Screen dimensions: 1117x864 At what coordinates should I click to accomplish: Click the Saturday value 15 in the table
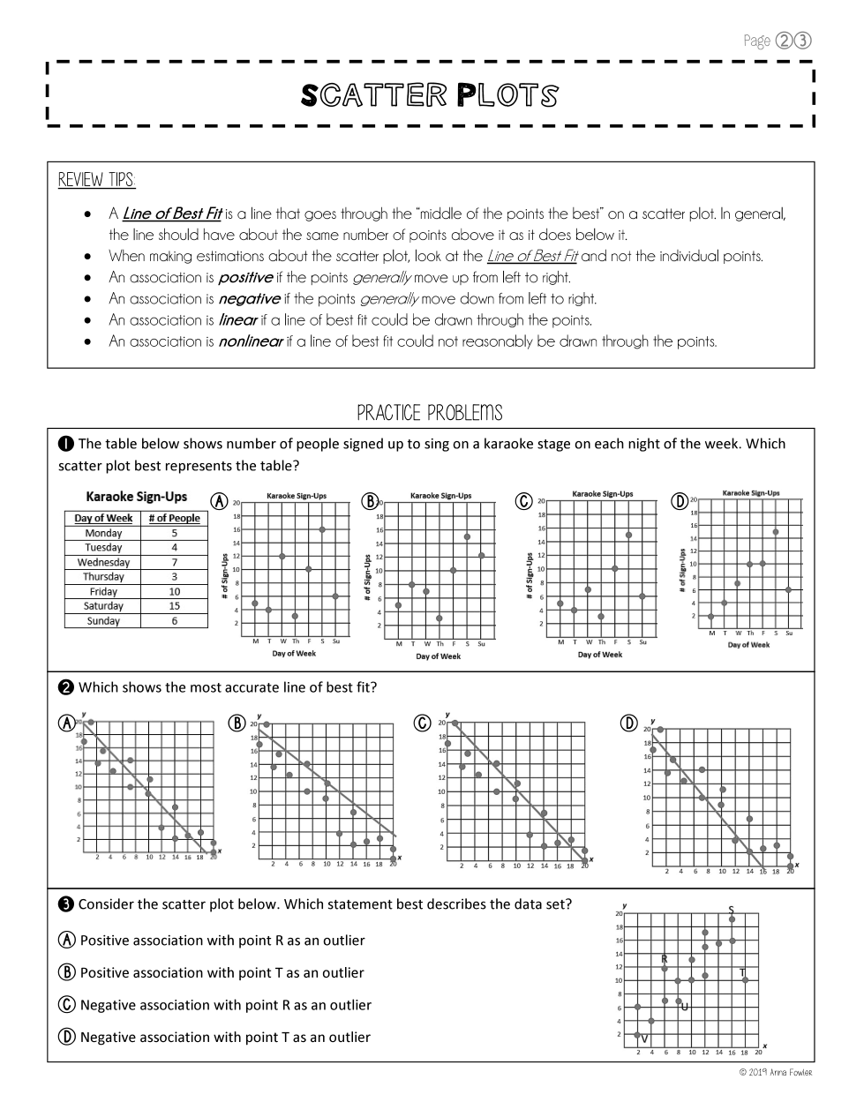(x=174, y=606)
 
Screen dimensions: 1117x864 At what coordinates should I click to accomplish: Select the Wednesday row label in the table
(x=103, y=562)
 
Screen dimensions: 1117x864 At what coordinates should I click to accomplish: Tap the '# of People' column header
(x=174, y=518)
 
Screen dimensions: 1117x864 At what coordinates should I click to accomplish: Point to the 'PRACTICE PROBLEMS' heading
(x=430, y=413)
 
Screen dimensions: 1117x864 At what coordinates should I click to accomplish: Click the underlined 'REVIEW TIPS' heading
(x=97, y=180)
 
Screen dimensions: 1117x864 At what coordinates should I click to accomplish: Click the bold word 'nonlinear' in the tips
(x=251, y=341)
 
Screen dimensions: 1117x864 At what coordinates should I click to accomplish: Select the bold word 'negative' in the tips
(x=249, y=299)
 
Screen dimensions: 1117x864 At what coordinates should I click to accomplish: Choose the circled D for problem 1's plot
(x=680, y=501)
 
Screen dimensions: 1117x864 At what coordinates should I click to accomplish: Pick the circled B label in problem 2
(x=237, y=723)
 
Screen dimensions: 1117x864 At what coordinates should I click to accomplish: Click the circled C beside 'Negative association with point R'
(x=66, y=1005)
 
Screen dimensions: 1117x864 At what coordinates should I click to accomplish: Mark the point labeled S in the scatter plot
(x=732, y=919)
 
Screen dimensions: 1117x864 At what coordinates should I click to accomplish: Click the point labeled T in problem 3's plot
(x=745, y=979)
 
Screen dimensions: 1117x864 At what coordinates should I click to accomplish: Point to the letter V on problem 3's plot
(x=644, y=1038)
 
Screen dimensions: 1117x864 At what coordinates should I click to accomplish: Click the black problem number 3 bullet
(x=66, y=903)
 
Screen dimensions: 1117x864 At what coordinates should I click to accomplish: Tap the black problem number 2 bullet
(x=66, y=687)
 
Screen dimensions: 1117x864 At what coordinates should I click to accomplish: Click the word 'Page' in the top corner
(x=757, y=41)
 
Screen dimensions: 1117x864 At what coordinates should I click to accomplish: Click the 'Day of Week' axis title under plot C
(x=600, y=655)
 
